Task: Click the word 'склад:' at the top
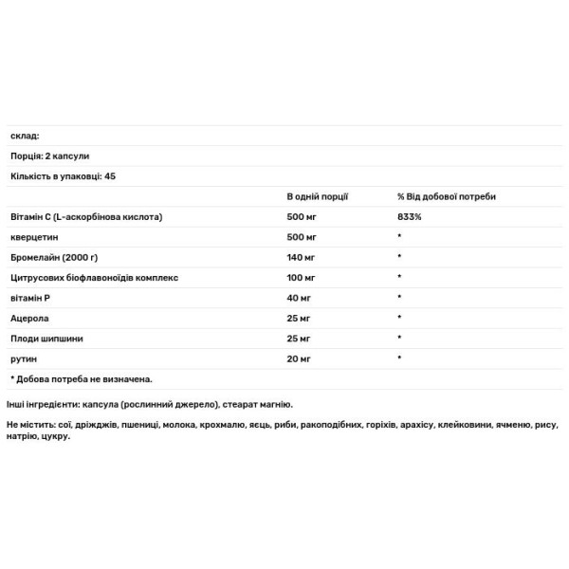24,136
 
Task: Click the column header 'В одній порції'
318,196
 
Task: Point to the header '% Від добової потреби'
446,196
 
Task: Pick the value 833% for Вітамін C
410,216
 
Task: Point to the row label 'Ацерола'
28,318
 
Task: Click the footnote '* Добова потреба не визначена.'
80,378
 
